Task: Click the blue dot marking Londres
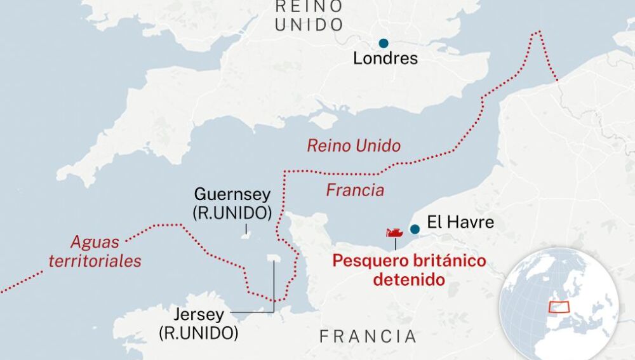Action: (384, 43)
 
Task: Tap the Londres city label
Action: (385, 59)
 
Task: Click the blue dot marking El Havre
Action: (415, 229)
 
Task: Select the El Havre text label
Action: (460, 222)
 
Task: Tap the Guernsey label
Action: (232, 194)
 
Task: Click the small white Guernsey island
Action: (245, 236)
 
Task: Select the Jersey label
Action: (198, 315)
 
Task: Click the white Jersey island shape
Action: (274, 258)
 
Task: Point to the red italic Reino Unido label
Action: (354, 146)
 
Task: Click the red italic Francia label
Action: (355, 190)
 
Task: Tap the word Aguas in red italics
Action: (95, 242)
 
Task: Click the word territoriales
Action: (95, 261)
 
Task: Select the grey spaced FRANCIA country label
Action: (368, 337)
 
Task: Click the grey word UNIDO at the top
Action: (309, 25)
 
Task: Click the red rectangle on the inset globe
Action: (559, 307)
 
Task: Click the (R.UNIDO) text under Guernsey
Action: (232, 213)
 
